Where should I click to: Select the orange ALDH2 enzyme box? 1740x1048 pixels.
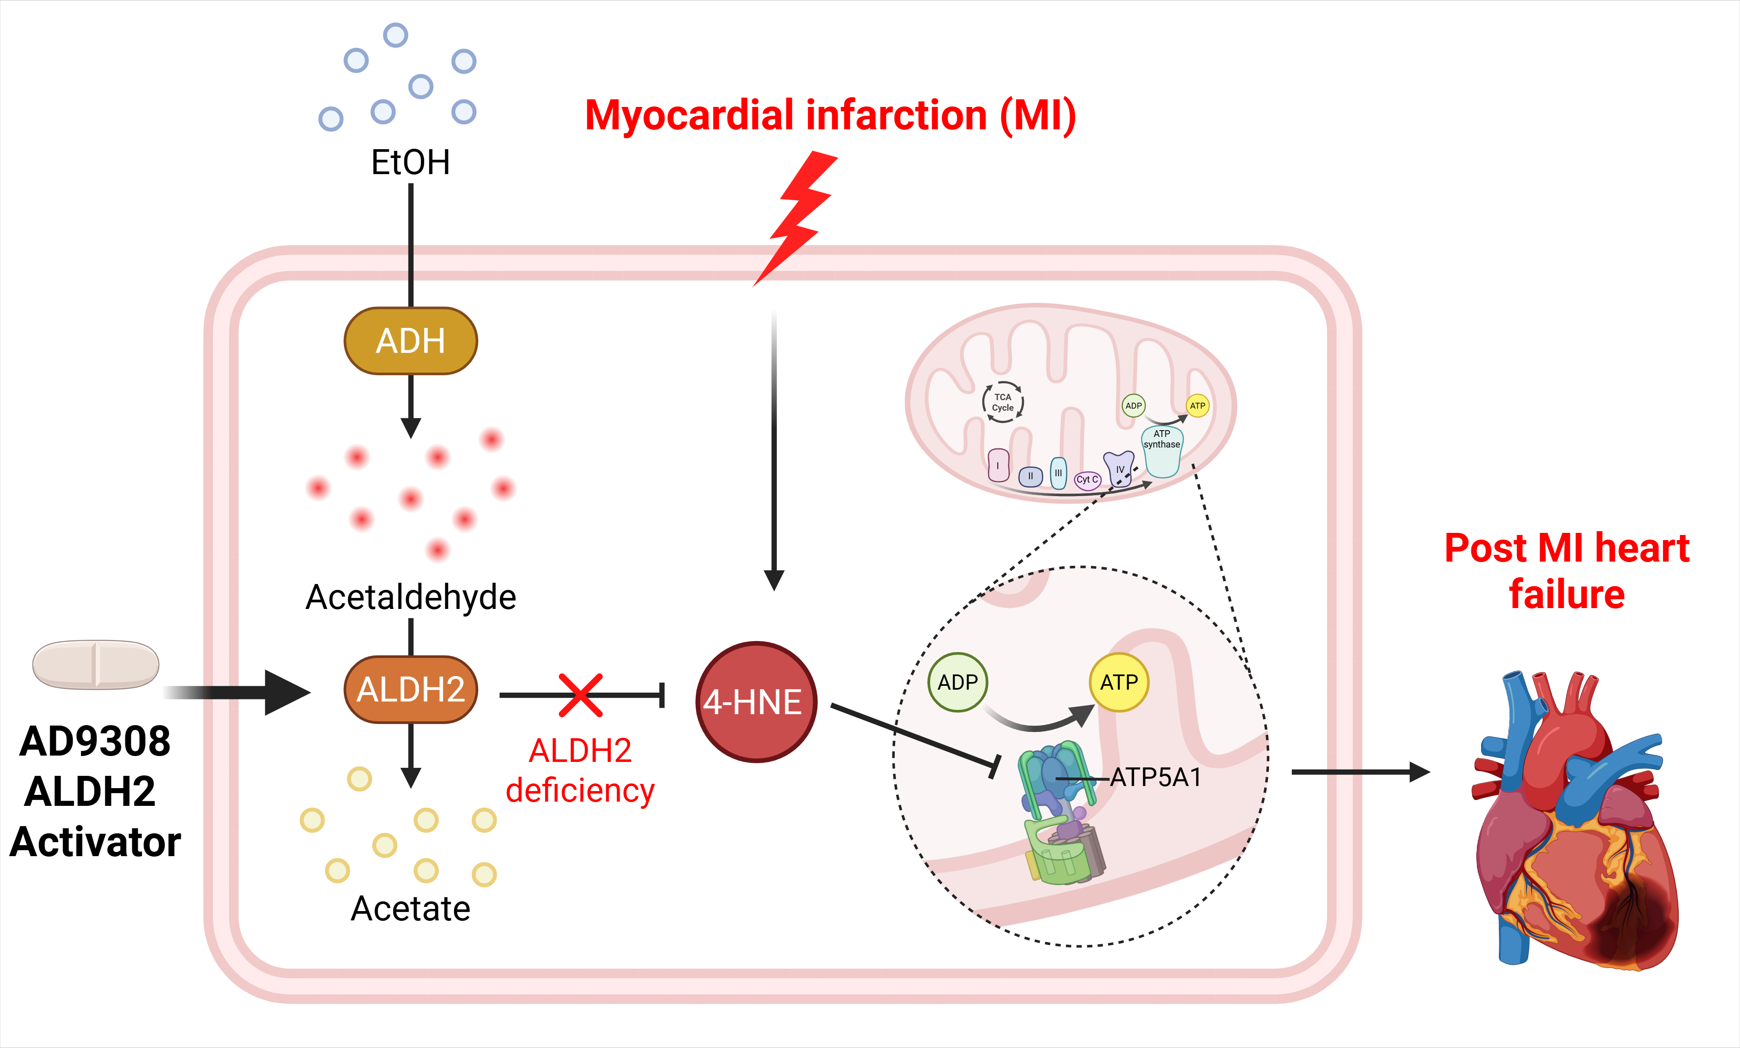[x=411, y=689]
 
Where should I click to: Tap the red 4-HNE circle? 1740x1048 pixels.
[x=756, y=702]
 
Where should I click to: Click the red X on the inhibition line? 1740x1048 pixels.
[x=581, y=695]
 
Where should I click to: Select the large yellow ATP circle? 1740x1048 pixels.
[x=1119, y=682]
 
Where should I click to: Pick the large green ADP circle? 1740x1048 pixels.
[x=958, y=682]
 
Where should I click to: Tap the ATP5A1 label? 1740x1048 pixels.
[x=1155, y=778]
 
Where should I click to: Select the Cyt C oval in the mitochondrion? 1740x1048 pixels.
[x=1087, y=480]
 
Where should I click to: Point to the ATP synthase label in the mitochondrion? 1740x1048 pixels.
[x=1162, y=439]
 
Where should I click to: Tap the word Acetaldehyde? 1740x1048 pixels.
[x=411, y=598]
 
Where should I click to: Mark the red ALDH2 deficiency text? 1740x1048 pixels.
[x=580, y=771]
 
